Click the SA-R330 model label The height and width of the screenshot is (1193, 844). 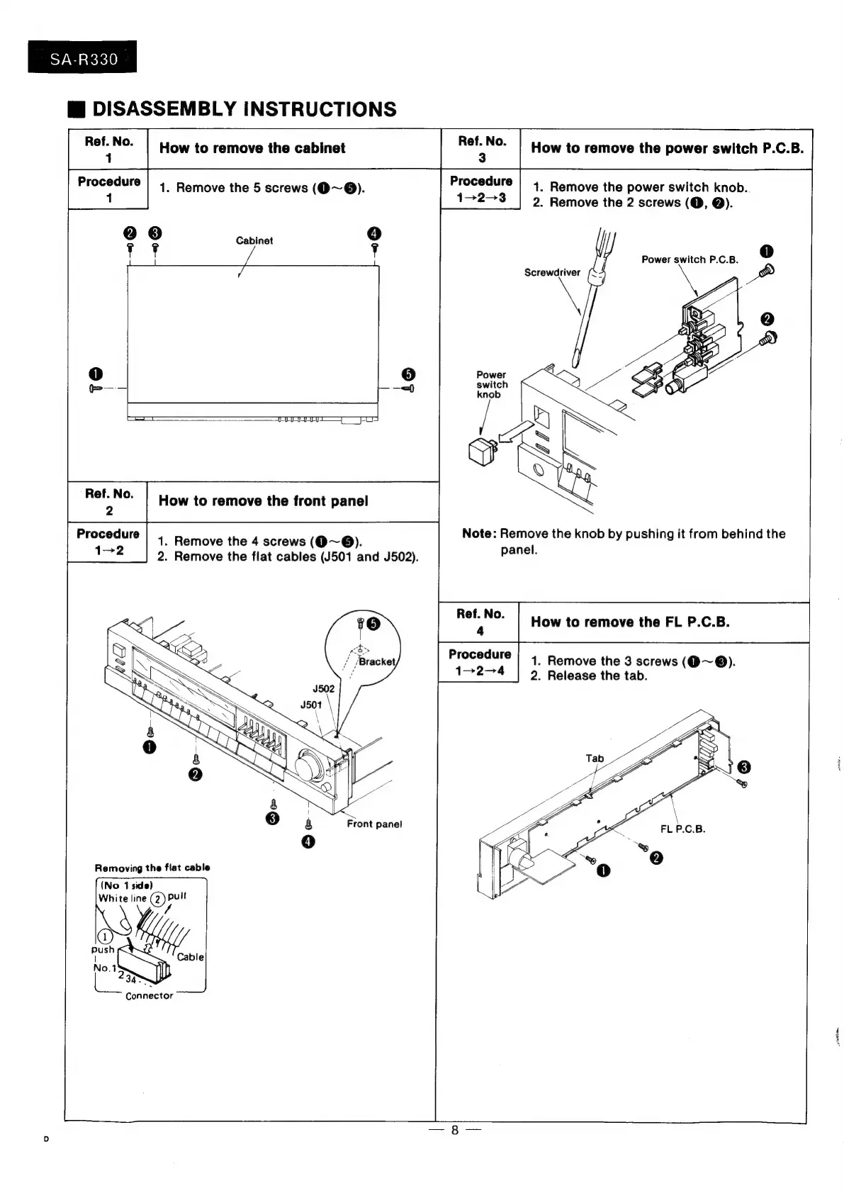(x=83, y=59)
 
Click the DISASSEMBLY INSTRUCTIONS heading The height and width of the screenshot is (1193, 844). (x=244, y=109)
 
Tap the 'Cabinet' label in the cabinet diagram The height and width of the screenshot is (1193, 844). (x=254, y=241)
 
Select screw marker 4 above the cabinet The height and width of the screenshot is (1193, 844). (x=374, y=234)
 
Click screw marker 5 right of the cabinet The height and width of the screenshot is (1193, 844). (x=407, y=374)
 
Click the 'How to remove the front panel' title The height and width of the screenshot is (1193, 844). (x=263, y=501)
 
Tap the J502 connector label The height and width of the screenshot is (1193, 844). (x=323, y=688)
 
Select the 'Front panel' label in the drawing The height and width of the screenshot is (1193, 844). (x=374, y=824)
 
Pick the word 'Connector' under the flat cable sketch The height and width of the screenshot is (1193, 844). (x=149, y=996)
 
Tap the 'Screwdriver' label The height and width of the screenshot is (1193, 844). (x=552, y=272)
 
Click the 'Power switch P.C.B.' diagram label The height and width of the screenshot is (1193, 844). (x=690, y=259)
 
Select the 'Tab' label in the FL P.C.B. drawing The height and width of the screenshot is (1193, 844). (x=595, y=758)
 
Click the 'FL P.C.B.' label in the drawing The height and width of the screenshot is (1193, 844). (x=682, y=829)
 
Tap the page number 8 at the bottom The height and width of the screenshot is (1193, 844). (x=455, y=1130)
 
